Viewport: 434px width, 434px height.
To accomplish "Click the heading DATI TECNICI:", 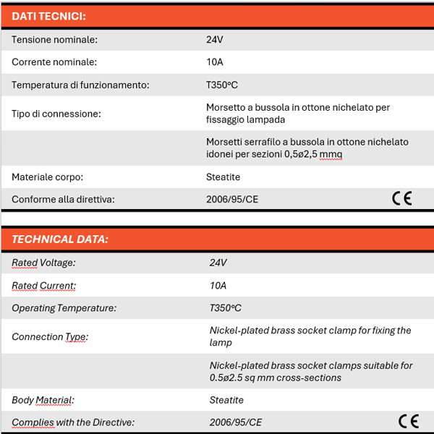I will click(48, 16).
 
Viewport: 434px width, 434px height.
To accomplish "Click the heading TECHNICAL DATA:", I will click(60, 239).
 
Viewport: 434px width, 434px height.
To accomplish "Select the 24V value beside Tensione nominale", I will click(215, 40).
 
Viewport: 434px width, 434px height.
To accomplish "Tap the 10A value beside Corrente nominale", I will click(215, 62).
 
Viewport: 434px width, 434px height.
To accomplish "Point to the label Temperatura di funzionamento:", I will click(80, 85).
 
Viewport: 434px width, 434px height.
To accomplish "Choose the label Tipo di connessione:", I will click(56, 114).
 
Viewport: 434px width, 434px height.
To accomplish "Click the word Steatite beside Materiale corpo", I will click(223, 176).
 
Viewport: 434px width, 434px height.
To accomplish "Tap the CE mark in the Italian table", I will click(401, 198).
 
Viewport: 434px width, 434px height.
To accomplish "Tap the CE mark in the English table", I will click(408, 421).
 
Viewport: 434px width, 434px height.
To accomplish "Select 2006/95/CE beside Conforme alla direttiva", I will click(232, 199).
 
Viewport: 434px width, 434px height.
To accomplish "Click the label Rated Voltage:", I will click(43, 263).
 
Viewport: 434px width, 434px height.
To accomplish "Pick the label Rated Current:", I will click(43, 286).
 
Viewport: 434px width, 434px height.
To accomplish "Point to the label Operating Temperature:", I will click(64, 308).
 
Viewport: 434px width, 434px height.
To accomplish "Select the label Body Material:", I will click(43, 400).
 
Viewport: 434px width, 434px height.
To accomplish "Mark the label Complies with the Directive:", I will click(73, 422).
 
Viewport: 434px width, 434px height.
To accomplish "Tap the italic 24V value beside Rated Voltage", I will click(218, 263).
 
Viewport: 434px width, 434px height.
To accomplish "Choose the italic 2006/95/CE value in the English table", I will click(236, 422).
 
